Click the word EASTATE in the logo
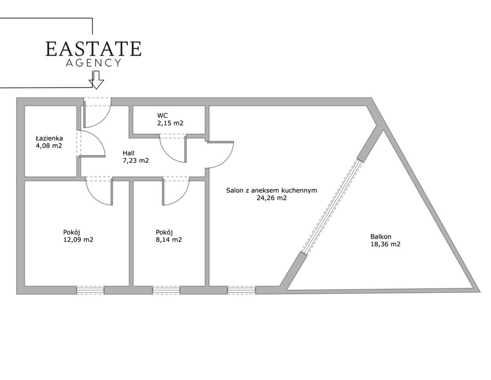coord(93,48)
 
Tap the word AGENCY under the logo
coord(93,63)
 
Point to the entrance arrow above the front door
coord(96,80)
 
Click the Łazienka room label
coord(49,138)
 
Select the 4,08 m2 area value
coord(49,145)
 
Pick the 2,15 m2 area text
coord(170,123)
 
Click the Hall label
coord(128,153)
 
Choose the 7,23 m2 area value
coord(135,161)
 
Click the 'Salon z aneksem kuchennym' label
coord(272,190)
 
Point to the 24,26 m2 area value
coord(272,198)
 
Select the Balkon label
coord(381,237)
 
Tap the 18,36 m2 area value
coord(385,244)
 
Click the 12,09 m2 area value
coord(78,240)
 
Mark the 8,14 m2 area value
coord(169,240)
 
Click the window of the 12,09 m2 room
coord(90,290)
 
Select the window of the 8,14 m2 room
coord(166,290)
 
